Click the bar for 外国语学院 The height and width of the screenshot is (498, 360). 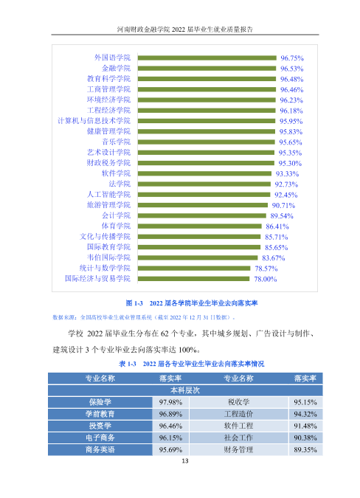tap(207, 58)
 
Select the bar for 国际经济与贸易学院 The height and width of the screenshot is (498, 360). tap(194, 279)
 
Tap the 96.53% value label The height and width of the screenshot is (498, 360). tap(291, 69)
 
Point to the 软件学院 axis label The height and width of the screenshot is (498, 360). tap(116, 173)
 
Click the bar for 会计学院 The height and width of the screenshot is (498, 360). tap(202, 215)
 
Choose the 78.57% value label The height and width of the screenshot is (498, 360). tap(266, 269)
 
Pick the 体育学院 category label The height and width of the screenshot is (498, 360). tap(116, 226)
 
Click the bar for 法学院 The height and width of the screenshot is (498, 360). tap(204, 184)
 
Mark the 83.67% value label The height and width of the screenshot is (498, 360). tap(274, 258)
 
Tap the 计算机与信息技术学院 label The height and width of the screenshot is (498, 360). tap(94, 121)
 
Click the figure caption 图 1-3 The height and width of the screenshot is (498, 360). tap(192, 303)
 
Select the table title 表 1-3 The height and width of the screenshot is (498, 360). tap(191, 364)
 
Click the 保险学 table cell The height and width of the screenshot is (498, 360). tap(100, 402)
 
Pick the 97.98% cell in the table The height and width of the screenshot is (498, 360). tap(170, 402)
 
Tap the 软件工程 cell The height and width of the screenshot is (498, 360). tap(238, 426)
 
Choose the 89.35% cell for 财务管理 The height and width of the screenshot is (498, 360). tap(305, 450)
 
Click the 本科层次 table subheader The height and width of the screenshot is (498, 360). tap(185, 390)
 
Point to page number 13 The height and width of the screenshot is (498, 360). tap(185, 461)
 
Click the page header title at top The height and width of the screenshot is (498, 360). tap(185, 30)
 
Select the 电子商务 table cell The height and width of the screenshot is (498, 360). tap(100, 438)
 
